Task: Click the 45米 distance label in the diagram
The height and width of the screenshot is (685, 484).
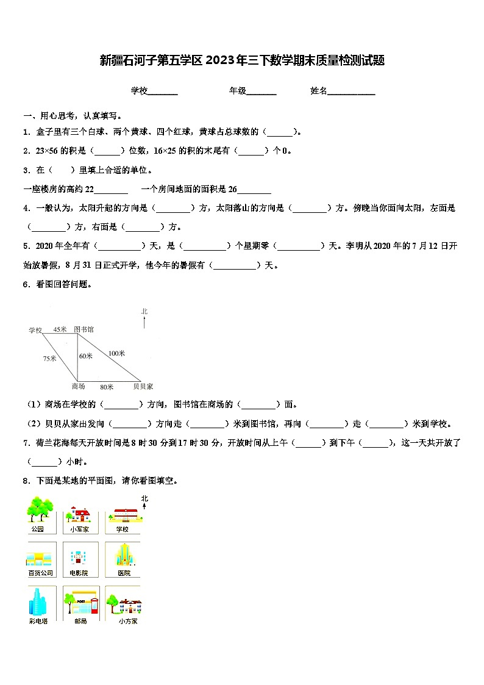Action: pyautogui.click(x=59, y=329)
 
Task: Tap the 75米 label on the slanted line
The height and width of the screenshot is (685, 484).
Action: pyautogui.click(x=49, y=358)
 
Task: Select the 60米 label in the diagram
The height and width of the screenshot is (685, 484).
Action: pyautogui.click(x=86, y=356)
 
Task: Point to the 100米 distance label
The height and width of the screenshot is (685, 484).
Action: pyautogui.click(x=116, y=353)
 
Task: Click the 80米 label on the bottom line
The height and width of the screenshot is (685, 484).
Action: pyautogui.click(x=106, y=386)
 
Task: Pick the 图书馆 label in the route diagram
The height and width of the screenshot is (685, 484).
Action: pyautogui.click(x=84, y=329)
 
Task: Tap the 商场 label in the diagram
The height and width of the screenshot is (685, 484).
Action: pyautogui.click(x=78, y=386)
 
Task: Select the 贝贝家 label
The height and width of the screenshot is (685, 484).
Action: pyautogui.click(x=143, y=386)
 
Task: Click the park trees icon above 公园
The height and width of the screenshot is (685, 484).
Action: pyautogui.click(x=40, y=509)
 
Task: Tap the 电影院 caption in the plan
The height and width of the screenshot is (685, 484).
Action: pyautogui.click(x=79, y=573)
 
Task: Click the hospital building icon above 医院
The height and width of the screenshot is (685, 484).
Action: pyautogui.click(x=123, y=554)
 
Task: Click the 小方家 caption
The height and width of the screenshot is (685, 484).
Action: pyautogui.click(x=128, y=621)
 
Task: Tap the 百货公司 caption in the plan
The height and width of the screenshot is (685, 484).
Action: pyautogui.click(x=41, y=573)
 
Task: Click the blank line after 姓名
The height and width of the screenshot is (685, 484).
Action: pyautogui.click(x=352, y=91)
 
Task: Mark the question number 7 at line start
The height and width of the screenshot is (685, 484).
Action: pyautogui.click(x=26, y=443)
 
